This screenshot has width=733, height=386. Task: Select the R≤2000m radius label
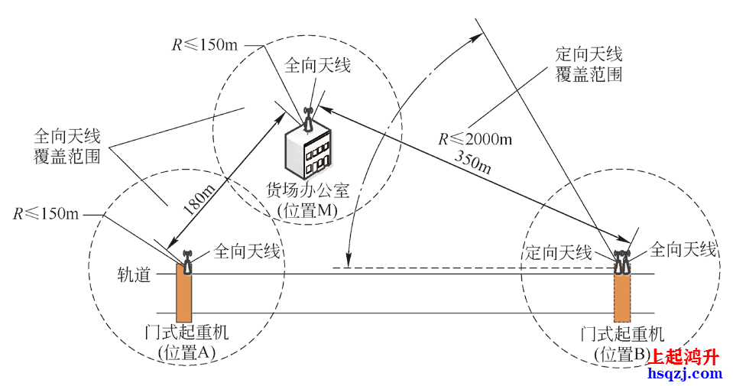(475, 139)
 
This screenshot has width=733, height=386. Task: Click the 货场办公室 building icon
(309, 149)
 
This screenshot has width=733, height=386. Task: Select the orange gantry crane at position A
(184, 294)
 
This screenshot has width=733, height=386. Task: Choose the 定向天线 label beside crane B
(559, 253)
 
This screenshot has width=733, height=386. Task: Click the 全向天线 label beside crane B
(683, 249)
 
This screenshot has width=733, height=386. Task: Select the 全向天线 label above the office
(317, 66)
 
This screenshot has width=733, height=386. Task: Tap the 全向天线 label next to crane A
(246, 250)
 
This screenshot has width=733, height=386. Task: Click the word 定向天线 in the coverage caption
(589, 54)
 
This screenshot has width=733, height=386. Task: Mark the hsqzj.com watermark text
(684, 374)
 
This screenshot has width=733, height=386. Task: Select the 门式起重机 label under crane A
(186, 333)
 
